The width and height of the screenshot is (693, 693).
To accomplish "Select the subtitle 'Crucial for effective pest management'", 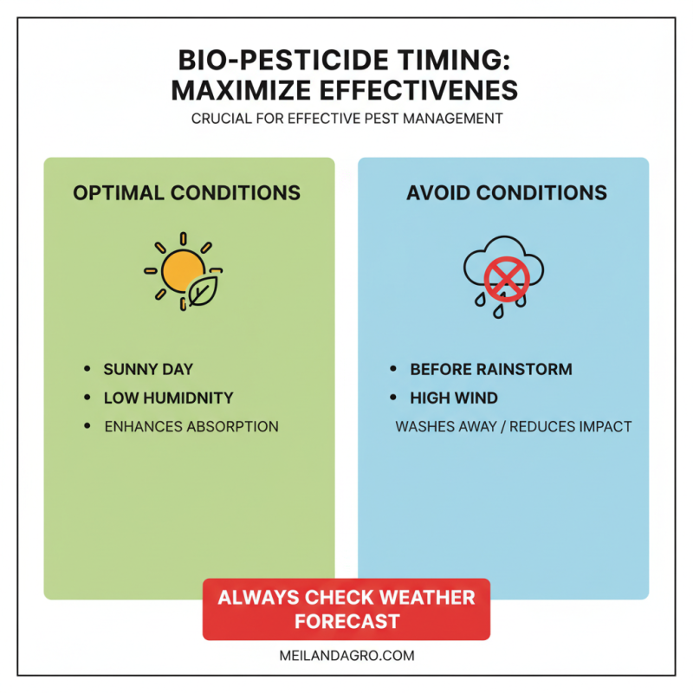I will [346, 119].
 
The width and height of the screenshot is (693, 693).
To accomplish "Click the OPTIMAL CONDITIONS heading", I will [187, 192].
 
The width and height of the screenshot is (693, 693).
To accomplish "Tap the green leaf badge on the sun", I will [202, 293].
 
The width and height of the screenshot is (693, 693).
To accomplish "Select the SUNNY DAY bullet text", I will [148, 369].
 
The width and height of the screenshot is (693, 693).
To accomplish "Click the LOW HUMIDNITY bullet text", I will [168, 398].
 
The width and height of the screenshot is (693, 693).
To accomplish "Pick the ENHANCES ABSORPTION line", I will [191, 426].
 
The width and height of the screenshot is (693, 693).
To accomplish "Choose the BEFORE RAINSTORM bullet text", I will [491, 369].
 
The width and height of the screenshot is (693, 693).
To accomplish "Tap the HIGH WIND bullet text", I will [454, 398].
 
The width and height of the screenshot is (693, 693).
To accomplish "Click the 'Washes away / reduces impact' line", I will [514, 426].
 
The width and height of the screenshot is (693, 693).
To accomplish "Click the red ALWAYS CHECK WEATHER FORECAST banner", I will [346, 609].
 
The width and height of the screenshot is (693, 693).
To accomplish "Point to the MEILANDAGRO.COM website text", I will [346, 656].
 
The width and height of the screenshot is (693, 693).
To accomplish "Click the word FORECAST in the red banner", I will [346, 622].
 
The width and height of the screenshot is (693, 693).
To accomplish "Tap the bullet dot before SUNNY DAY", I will [87, 369].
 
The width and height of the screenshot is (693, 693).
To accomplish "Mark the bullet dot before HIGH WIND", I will [393, 398].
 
